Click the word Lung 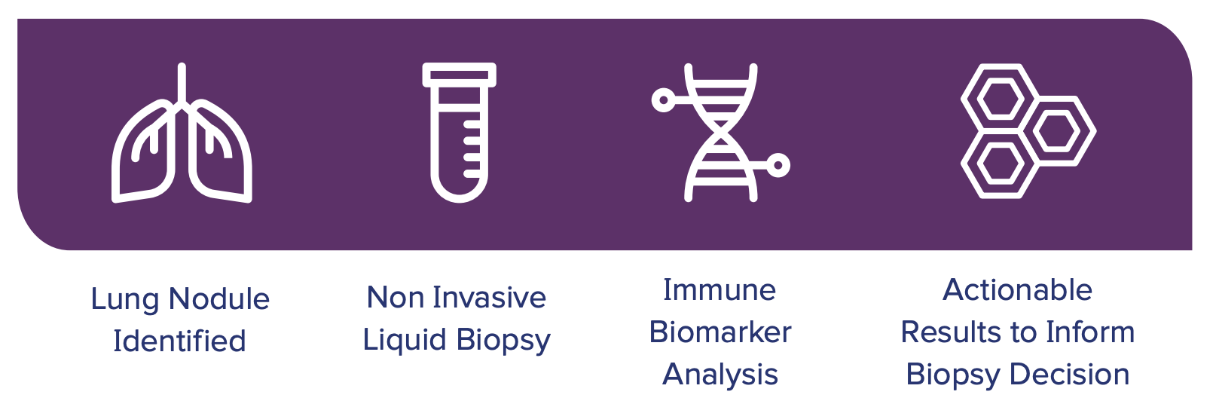[124, 300]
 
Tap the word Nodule [218, 298]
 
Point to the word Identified [179, 341]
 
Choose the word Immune [720, 289]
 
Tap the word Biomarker [720, 332]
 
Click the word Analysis [720, 375]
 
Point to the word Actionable [1017, 289]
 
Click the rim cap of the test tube [460, 75]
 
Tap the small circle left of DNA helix [663, 100]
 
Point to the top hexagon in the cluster [1000, 99]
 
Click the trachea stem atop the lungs [182, 84]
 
